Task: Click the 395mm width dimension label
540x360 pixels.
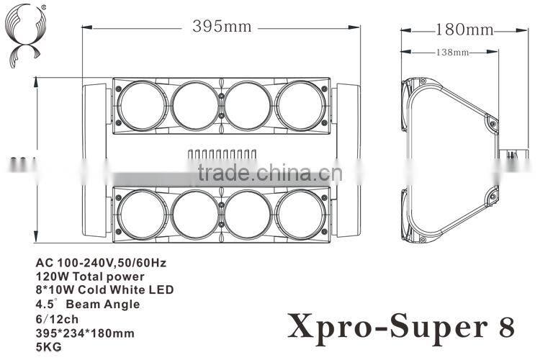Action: pyautogui.click(x=221, y=27)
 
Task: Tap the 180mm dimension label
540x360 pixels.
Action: pyautogui.click(x=464, y=30)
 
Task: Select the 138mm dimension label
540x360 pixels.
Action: pyautogui.click(x=452, y=52)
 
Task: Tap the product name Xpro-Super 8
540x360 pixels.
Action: pyautogui.click(x=401, y=325)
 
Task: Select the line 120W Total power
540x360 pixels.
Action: pyautogui.click(x=89, y=276)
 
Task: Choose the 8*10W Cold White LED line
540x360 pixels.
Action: pyautogui.click(x=104, y=289)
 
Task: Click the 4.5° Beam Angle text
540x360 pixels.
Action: pyautogui.click(x=87, y=305)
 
